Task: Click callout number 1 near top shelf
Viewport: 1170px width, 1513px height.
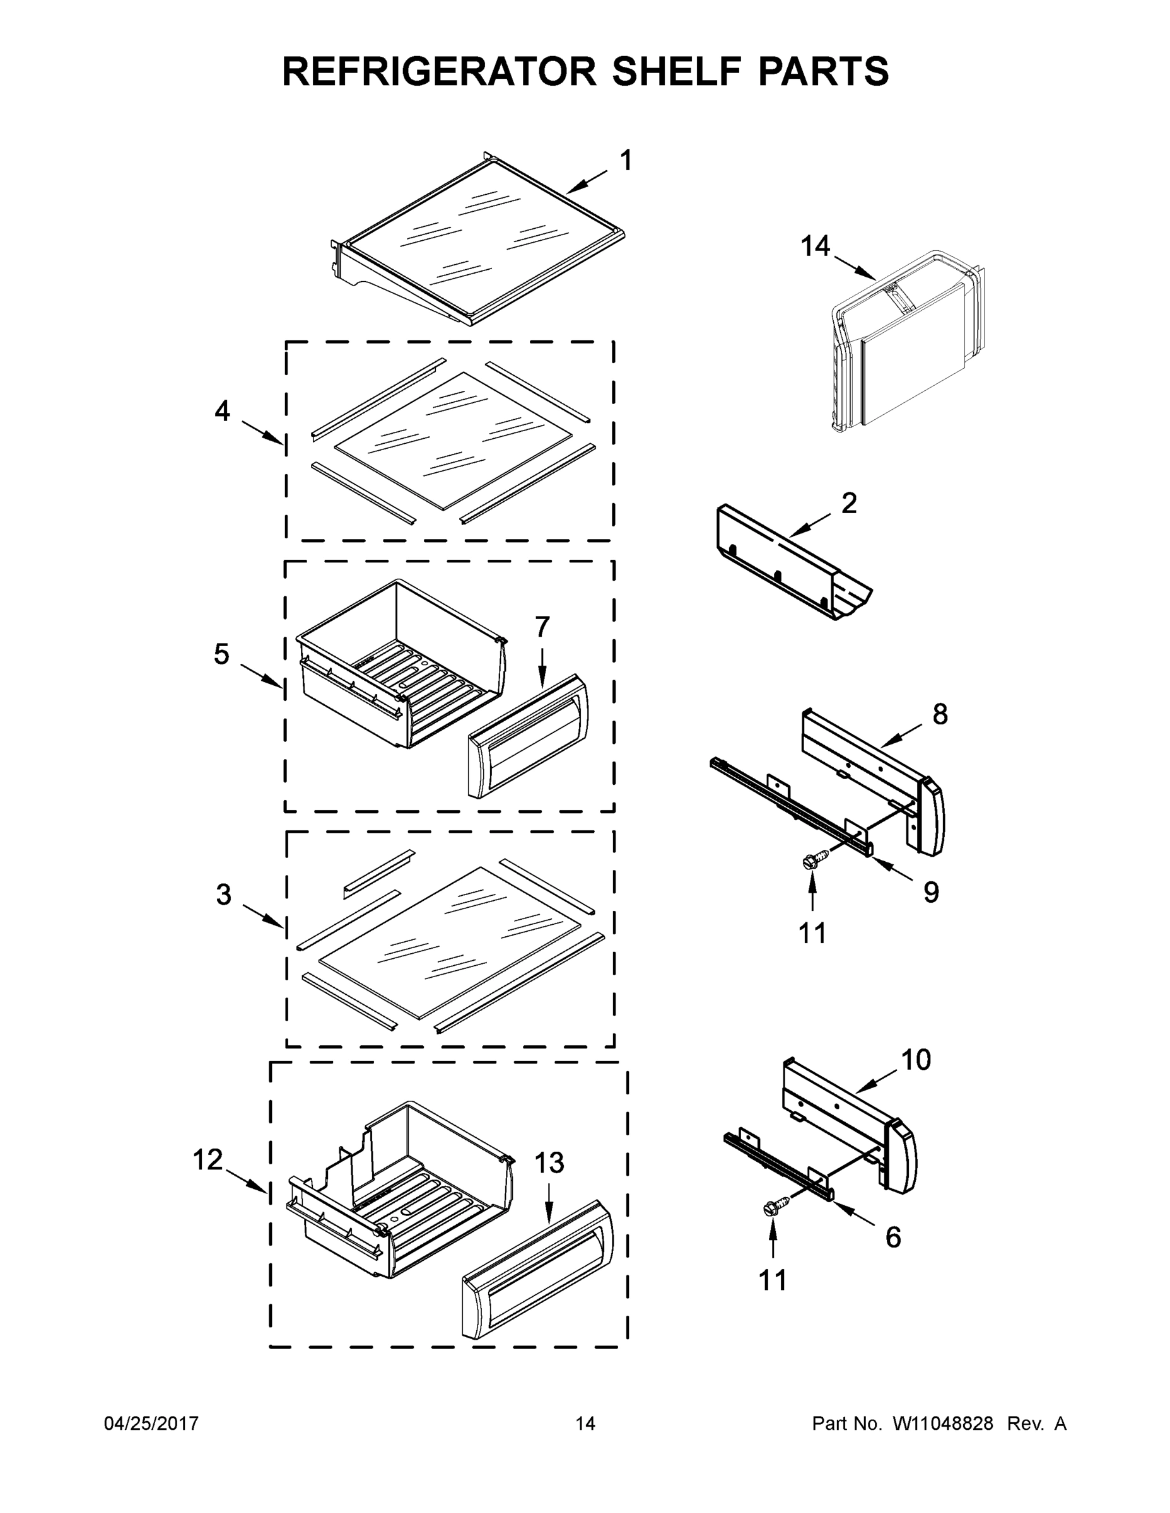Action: click(x=625, y=161)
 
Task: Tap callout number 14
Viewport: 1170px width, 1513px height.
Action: click(x=815, y=246)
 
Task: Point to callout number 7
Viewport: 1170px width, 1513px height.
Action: click(x=542, y=627)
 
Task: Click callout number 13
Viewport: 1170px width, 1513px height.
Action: click(x=549, y=1163)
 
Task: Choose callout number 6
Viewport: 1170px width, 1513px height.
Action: click(x=894, y=1238)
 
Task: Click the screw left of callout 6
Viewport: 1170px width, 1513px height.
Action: click(x=770, y=1208)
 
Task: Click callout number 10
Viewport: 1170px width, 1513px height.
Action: click(x=916, y=1059)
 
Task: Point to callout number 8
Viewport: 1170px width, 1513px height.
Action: click(x=940, y=714)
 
